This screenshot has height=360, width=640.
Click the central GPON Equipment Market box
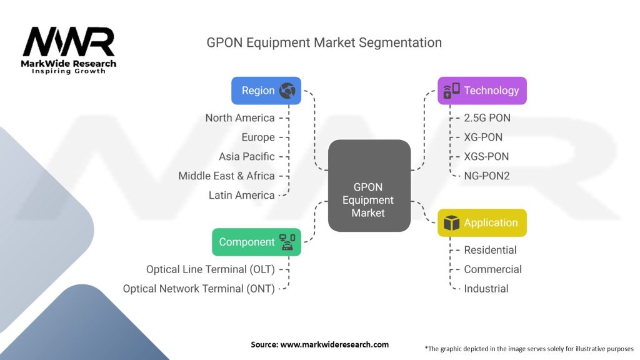pyautogui.click(x=369, y=186)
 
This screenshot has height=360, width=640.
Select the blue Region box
pyautogui.click(x=266, y=91)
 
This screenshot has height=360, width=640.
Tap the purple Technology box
pyautogui.click(x=482, y=91)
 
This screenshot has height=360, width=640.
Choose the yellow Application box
pyautogui.click(x=482, y=222)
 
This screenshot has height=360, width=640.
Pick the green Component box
pyautogui.click(x=256, y=242)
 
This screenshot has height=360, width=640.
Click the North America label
pyautogui.click(x=240, y=117)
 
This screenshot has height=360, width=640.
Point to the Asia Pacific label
pyautogui.click(x=247, y=156)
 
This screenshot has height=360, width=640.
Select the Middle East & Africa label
pyautogui.click(x=226, y=176)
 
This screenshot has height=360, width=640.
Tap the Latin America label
pyautogui.click(x=242, y=195)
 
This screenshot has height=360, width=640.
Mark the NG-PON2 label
pyautogui.click(x=487, y=176)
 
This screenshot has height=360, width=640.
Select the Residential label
pyautogui.click(x=490, y=250)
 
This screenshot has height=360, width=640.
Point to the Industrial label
pyautogui.click(x=486, y=289)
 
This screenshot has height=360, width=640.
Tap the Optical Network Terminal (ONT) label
pyautogui.click(x=199, y=289)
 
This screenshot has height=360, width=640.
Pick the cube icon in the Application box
pyautogui.click(x=451, y=222)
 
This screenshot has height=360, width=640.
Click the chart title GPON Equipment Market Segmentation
pyautogui.click(x=324, y=42)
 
